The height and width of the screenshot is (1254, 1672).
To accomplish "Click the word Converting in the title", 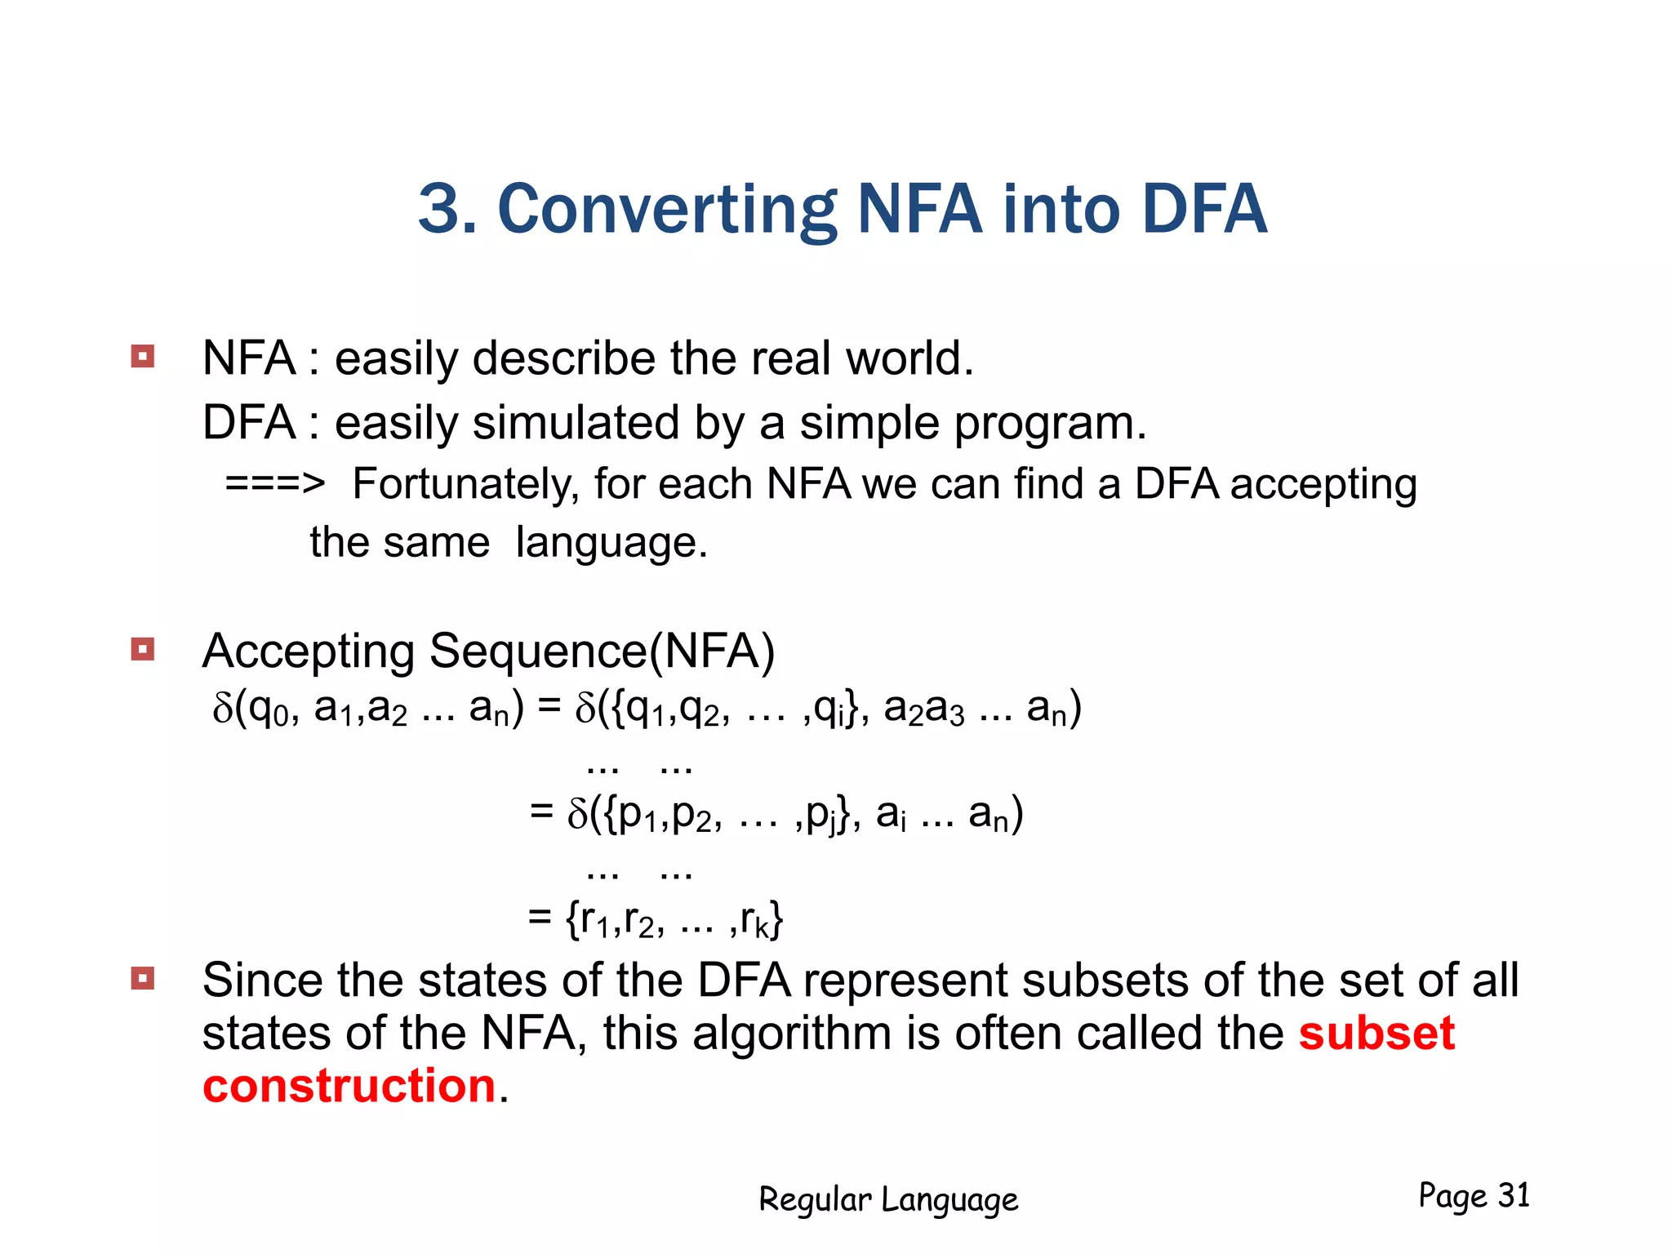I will pyautogui.click(x=666, y=211).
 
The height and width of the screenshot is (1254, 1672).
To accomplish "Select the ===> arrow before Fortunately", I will pyautogui.click(x=274, y=484).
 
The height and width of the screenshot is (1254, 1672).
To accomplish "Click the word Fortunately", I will pyautogui.click(x=465, y=484).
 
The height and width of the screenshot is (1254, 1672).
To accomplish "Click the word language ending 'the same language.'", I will pyautogui.click(x=611, y=543).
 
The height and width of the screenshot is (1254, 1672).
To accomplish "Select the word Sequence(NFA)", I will pyautogui.click(x=602, y=651).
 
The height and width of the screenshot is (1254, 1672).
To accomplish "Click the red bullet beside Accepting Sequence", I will pyautogui.click(x=143, y=650).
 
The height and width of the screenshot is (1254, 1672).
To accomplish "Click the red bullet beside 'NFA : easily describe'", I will pyautogui.click(x=143, y=357).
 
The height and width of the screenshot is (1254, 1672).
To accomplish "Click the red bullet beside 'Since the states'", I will pyautogui.click(x=143, y=978).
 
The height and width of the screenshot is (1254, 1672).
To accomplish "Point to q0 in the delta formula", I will pyautogui.click(x=270, y=709).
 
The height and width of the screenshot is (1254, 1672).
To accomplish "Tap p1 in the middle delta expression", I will pyautogui.click(x=638, y=815).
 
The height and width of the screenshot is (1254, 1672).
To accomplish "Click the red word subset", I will pyautogui.click(x=1376, y=1033).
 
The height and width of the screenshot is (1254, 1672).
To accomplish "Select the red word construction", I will pyautogui.click(x=349, y=1086).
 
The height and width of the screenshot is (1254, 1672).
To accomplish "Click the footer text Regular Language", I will pyautogui.click(x=888, y=1199).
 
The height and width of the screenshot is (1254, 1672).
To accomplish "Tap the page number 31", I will pyautogui.click(x=1514, y=1195).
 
